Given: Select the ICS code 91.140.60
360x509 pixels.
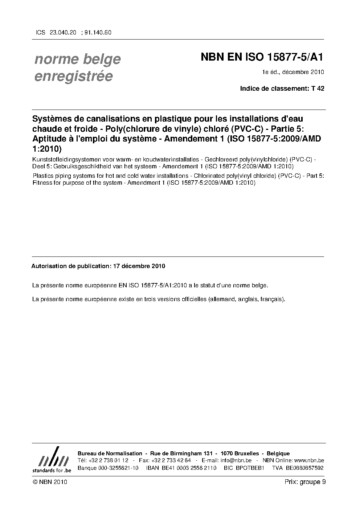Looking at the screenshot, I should pyautogui.click(x=98, y=32).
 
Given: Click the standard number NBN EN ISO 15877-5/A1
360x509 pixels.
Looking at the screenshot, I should pyautogui.click(x=262, y=57).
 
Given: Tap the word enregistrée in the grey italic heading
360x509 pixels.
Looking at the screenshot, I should pyautogui.click(x=74, y=77).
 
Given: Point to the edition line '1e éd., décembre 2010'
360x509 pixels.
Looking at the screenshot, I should pyautogui.click(x=293, y=72).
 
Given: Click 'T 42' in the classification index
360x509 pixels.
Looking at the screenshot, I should pyautogui.click(x=318, y=88).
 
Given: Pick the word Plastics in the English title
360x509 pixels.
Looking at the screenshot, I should pyautogui.click(x=42, y=176).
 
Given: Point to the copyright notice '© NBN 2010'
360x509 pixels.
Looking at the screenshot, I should pyautogui.click(x=49, y=482).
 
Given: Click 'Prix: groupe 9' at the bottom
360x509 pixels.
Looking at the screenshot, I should pyautogui.click(x=305, y=482).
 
